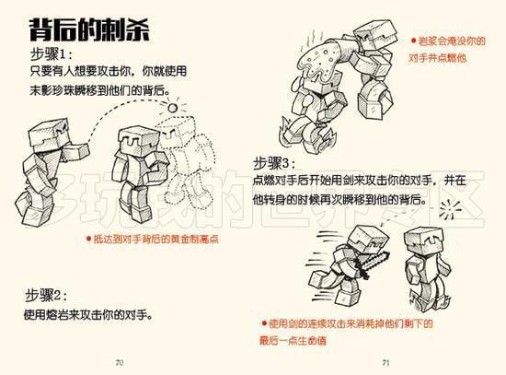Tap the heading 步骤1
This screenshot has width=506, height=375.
click(x=52, y=53)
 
